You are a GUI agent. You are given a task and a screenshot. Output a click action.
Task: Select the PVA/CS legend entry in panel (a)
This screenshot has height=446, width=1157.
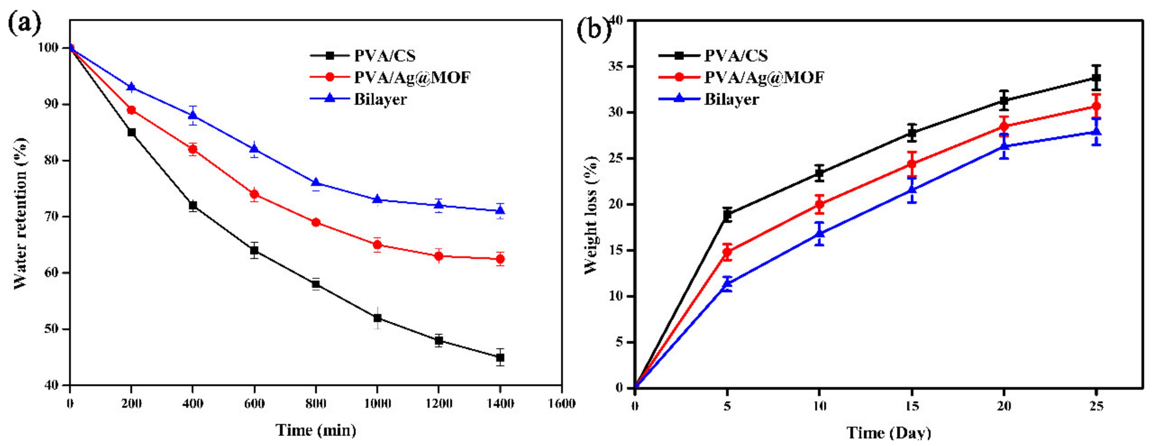coord(384,56)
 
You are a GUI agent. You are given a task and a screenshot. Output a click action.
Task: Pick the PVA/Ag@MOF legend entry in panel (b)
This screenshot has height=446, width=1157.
coord(763,77)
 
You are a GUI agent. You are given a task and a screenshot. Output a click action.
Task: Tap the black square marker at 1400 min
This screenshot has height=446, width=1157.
coord(500,357)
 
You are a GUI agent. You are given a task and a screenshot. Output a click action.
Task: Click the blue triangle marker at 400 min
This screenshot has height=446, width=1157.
coord(193,115)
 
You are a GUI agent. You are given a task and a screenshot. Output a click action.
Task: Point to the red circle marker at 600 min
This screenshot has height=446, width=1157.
coord(254,194)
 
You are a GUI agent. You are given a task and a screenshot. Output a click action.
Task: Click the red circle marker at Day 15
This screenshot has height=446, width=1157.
coord(912,164)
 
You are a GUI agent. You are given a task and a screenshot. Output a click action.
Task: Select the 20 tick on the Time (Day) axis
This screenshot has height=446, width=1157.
coord(1004,406)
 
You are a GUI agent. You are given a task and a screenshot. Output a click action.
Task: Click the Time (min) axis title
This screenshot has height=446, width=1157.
coord(316,430)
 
